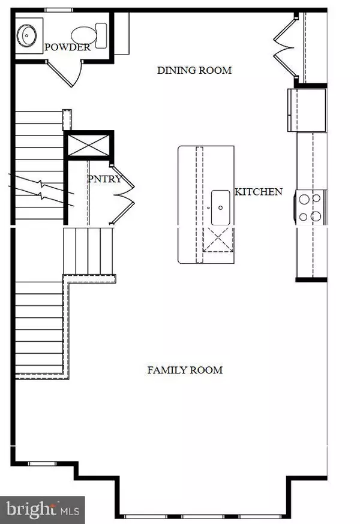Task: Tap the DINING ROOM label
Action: [x=194, y=70]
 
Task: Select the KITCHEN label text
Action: [x=258, y=192]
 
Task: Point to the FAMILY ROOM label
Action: [x=185, y=370]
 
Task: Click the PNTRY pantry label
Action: [x=104, y=179]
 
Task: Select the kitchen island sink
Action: [x=221, y=207]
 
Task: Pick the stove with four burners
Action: [x=311, y=207]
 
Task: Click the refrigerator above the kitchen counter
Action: [x=307, y=109]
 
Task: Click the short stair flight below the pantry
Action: [x=89, y=246]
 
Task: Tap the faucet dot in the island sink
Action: [x=221, y=207]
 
